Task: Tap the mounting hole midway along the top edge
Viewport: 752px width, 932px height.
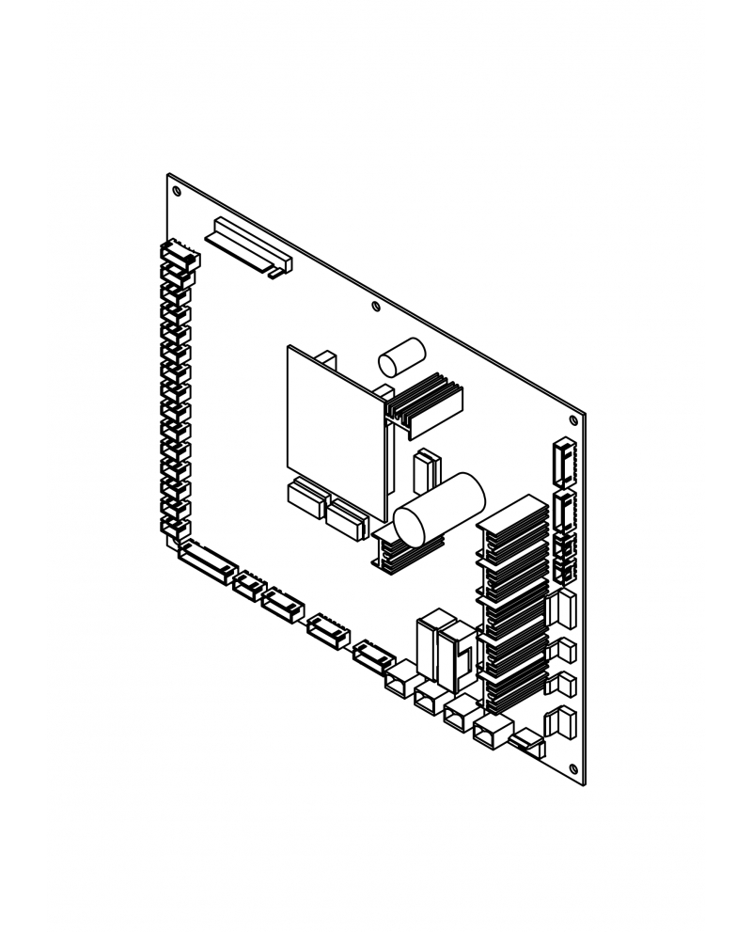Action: point(376,307)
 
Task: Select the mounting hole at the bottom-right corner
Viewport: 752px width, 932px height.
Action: point(574,769)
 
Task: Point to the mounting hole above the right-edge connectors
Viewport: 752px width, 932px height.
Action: point(573,419)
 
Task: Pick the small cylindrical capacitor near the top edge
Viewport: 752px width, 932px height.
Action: point(401,360)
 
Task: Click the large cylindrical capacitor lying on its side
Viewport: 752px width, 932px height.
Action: point(438,511)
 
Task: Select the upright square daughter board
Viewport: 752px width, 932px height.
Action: point(335,430)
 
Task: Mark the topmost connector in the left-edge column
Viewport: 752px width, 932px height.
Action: point(180,253)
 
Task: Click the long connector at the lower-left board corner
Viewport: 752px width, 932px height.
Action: point(204,561)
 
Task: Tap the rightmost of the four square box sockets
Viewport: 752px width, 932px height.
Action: point(492,731)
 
